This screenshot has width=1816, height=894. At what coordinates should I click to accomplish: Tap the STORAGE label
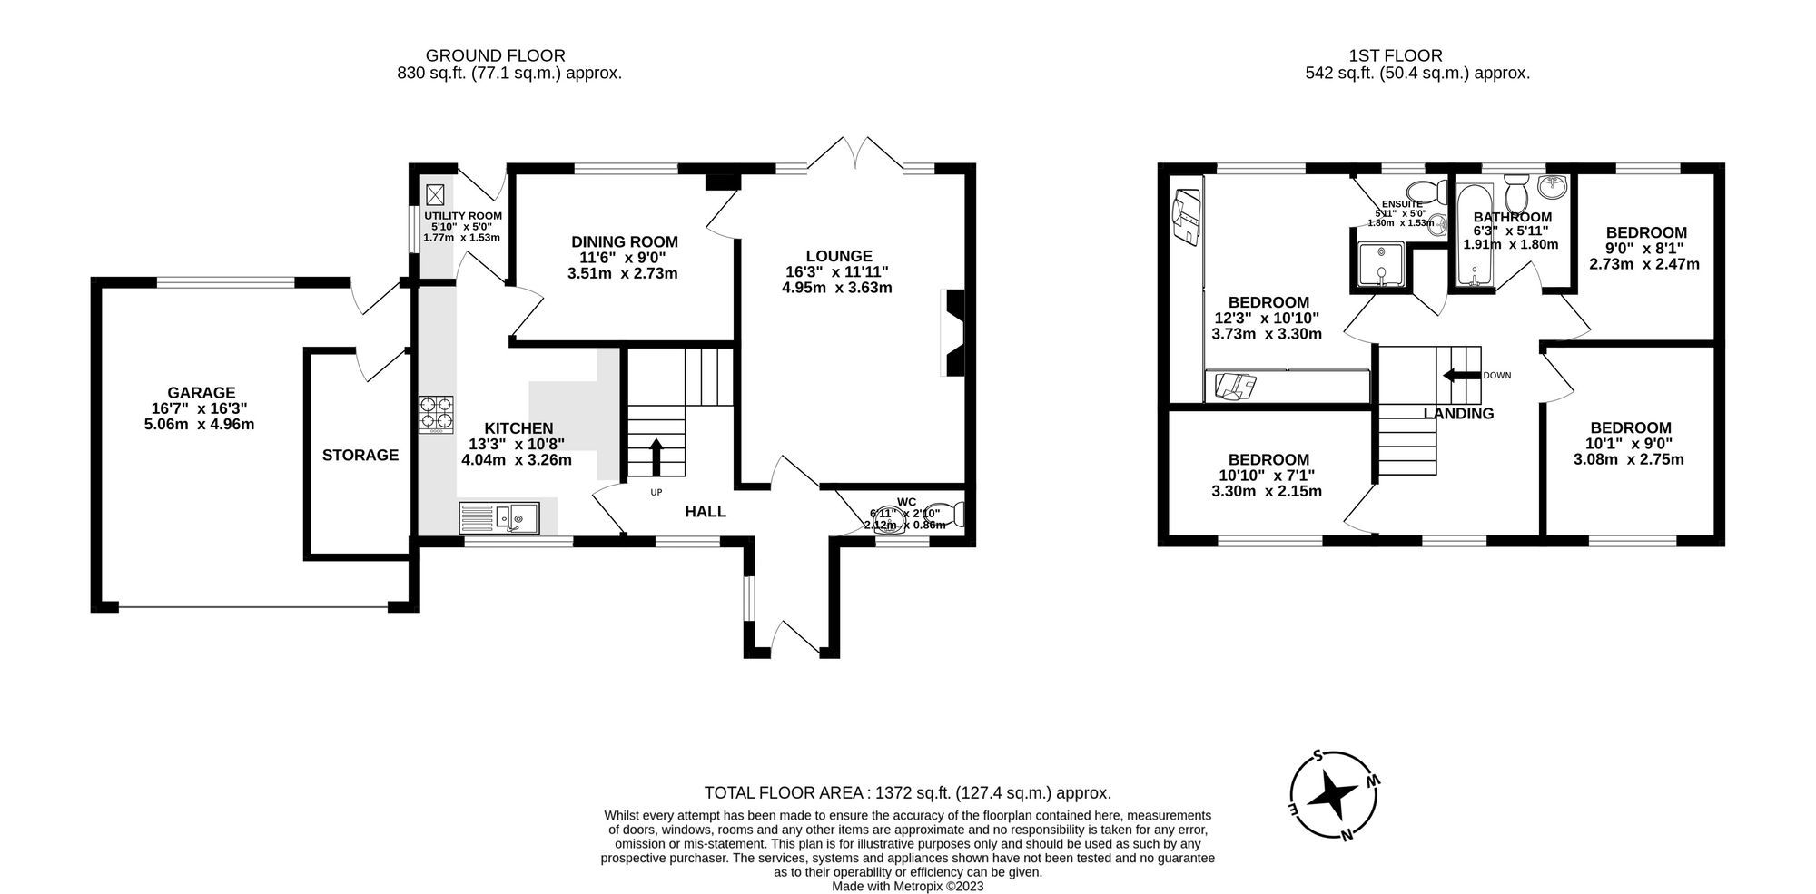[360, 455]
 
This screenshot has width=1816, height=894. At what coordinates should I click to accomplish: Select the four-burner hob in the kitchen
[437, 414]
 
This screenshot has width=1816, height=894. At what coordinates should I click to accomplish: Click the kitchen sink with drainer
[499, 517]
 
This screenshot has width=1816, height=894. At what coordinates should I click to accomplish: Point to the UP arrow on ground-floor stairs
[655, 457]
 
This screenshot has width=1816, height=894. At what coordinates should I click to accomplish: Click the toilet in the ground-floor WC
[950, 516]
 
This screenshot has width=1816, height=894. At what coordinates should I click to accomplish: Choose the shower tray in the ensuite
[1380, 264]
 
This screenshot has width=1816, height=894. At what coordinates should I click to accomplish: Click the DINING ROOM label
[625, 241]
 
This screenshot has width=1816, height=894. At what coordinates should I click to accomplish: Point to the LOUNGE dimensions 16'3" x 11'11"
[837, 272]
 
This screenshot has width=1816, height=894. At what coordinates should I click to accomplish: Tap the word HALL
[706, 511]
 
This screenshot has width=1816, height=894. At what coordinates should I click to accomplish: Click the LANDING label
[1458, 414]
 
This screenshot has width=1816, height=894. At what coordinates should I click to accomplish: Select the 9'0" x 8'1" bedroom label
[1645, 248]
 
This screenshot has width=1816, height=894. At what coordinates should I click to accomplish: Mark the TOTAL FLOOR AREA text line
[907, 792]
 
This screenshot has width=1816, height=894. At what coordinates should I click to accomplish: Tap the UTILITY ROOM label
[463, 215]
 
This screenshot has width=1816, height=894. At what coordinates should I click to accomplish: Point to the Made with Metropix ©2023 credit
[907, 887]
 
